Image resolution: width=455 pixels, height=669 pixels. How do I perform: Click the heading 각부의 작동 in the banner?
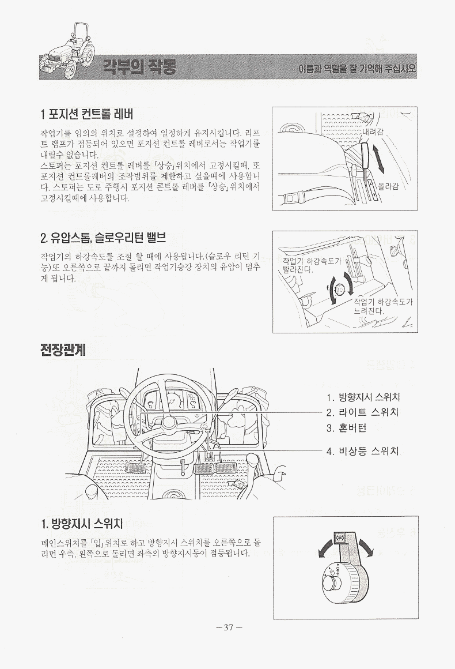[x=139, y=66]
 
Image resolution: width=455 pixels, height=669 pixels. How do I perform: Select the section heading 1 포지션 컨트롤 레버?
[x=87, y=114]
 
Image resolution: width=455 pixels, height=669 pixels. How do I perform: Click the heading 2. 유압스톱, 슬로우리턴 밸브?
[x=103, y=237]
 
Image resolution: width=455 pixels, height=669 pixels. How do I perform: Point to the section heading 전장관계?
[x=63, y=350]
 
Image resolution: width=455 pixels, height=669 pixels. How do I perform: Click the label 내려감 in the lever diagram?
[x=373, y=132]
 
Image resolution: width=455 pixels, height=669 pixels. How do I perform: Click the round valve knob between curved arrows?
[x=340, y=290]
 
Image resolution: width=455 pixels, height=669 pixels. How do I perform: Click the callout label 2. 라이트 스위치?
[x=362, y=412]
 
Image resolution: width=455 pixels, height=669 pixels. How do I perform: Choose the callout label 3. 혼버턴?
[x=346, y=428]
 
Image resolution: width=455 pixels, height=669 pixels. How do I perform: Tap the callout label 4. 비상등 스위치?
[x=362, y=451]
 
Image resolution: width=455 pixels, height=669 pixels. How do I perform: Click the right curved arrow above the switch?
[x=366, y=548]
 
